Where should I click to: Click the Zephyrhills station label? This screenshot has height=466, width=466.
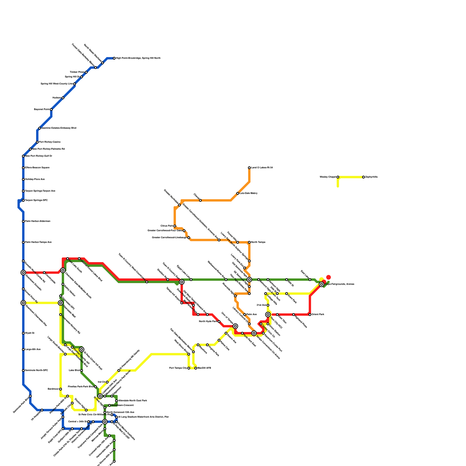point(371,177)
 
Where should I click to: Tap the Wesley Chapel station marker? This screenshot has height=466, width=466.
point(338,177)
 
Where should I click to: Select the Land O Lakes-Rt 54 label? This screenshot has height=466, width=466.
point(262,168)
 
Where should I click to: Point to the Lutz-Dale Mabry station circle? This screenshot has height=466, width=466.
point(238,193)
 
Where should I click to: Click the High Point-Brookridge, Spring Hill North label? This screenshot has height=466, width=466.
point(138,58)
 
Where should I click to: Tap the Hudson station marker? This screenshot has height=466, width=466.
point(63,98)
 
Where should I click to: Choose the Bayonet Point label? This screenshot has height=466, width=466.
point(42,110)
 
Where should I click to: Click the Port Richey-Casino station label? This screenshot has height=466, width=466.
point(50,142)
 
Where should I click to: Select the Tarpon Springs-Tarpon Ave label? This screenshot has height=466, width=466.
point(40,191)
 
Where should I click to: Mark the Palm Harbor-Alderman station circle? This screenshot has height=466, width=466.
point(23,221)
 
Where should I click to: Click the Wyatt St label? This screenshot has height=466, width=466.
point(30,333)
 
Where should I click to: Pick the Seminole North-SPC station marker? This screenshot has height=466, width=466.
point(23,370)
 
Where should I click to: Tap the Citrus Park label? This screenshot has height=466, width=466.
point(167,226)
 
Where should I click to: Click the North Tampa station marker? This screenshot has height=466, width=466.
point(249,242)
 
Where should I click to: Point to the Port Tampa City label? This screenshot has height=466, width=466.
point(178,368)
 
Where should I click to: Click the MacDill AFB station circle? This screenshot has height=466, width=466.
point(196,368)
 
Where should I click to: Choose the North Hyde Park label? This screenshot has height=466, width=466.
point(208,322)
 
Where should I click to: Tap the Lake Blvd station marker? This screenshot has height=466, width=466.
point(82,370)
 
